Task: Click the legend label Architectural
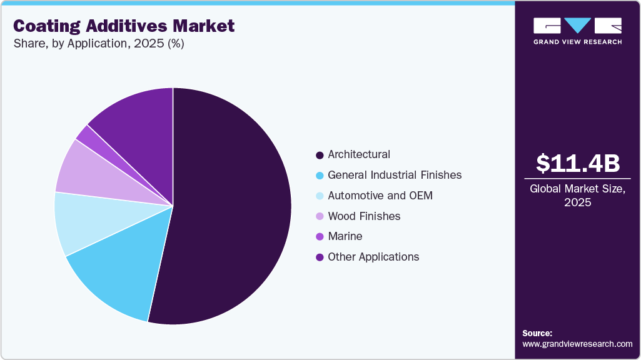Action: click(x=359, y=154)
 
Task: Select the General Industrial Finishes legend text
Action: click(x=395, y=175)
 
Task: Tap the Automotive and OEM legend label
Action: click(x=380, y=196)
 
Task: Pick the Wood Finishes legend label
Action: click(x=364, y=216)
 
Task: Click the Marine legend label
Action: click(x=345, y=236)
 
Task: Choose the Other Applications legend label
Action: click(x=373, y=257)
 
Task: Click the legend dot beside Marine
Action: click(x=320, y=237)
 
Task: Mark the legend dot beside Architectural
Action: click(x=320, y=155)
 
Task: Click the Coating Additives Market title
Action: click(x=124, y=26)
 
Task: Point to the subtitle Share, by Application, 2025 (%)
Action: click(x=98, y=44)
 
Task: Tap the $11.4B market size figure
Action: click(x=577, y=164)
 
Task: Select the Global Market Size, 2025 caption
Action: click(x=577, y=196)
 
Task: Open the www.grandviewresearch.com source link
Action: click(x=577, y=344)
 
